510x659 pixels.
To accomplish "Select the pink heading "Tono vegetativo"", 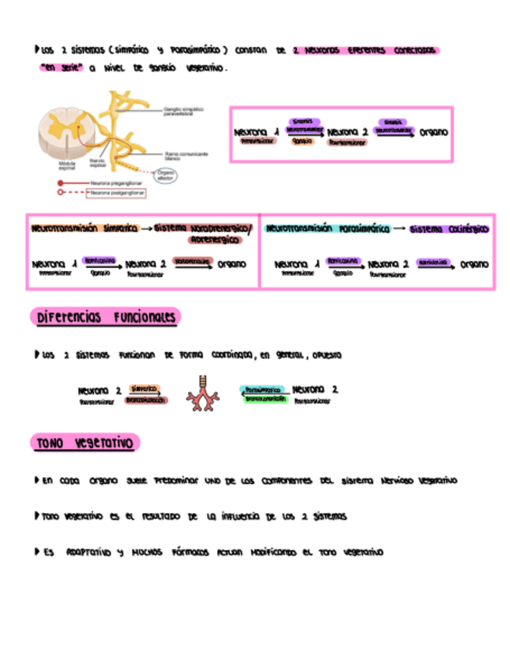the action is [85, 443].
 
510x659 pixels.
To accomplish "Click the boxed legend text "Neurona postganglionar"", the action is [115, 191].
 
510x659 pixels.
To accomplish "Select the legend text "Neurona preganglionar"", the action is [115, 183].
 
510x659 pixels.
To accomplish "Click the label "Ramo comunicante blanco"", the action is [186, 155].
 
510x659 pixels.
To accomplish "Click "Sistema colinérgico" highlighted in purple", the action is [449, 229].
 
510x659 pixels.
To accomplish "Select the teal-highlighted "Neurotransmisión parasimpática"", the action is [327, 229].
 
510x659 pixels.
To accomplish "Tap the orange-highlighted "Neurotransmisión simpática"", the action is [84, 229].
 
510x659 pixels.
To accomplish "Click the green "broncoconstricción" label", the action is [265, 399].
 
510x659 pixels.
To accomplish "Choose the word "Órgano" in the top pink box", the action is [434, 133].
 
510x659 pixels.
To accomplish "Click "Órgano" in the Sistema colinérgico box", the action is [474, 264].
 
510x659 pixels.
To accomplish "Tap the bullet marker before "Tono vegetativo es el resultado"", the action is [37, 516].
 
